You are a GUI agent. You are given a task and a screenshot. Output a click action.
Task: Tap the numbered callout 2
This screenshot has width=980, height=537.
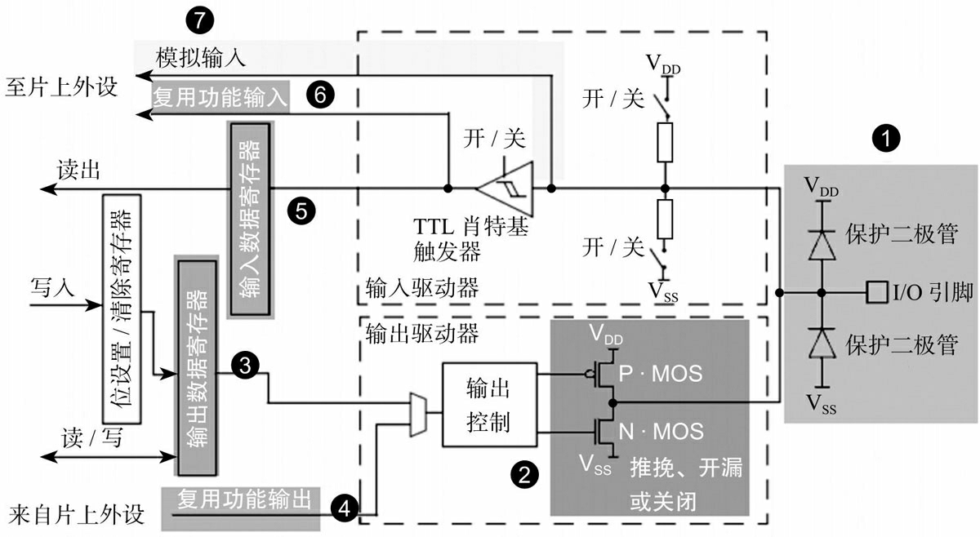tap(523, 473)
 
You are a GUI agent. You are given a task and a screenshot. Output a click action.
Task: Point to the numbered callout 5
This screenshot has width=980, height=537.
tap(301, 211)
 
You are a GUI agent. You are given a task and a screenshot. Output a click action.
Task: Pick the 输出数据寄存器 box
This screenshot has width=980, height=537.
tap(196, 367)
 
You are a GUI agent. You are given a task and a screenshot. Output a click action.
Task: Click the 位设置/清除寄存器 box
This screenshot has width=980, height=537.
tap(121, 308)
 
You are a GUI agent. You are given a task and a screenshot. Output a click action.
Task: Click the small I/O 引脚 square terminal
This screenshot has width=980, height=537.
tap(876, 291)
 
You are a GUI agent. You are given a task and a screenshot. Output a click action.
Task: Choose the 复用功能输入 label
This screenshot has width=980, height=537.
tap(220, 98)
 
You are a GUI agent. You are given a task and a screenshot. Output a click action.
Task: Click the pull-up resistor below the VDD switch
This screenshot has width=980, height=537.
tap(667, 143)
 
